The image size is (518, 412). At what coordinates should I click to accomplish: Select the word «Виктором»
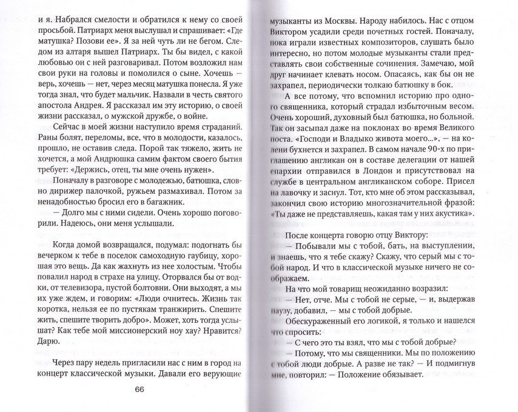click(297, 41)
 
